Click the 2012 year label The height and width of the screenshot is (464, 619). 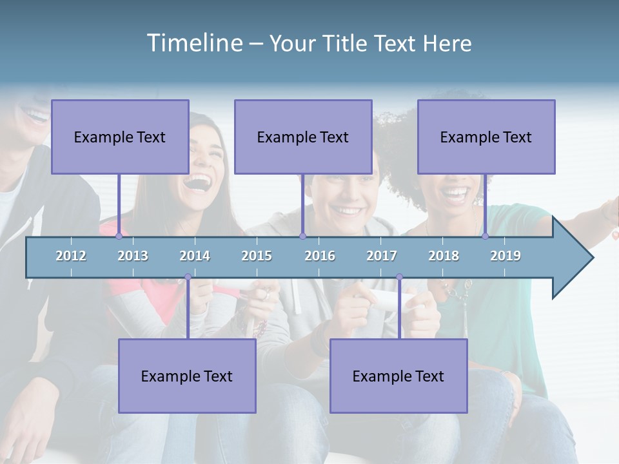click(x=71, y=256)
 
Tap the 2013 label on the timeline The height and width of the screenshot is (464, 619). click(x=133, y=256)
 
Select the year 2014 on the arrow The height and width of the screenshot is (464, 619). click(x=195, y=256)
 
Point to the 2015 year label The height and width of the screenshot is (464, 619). click(x=257, y=256)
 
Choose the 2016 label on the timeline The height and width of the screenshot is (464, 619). click(x=320, y=256)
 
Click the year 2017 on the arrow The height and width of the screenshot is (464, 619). click(x=382, y=256)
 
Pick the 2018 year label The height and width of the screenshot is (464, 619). click(x=444, y=256)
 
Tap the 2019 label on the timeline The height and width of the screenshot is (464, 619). click(x=506, y=256)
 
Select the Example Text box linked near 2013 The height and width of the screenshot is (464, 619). click(x=120, y=137)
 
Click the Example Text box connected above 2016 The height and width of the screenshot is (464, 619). click(x=303, y=137)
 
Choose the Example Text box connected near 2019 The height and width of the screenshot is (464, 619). click(x=486, y=137)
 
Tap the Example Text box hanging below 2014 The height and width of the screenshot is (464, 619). click(x=187, y=376)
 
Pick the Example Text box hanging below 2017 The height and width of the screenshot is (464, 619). click(x=398, y=376)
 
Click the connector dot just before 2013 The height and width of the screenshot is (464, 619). click(x=119, y=237)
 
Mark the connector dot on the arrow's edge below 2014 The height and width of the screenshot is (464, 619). click(x=188, y=277)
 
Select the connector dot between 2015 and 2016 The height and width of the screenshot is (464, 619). click(x=302, y=237)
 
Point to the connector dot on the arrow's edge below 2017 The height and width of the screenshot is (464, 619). click(x=399, y=277)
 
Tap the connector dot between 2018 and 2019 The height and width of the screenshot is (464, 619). click(x=486, y=237)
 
